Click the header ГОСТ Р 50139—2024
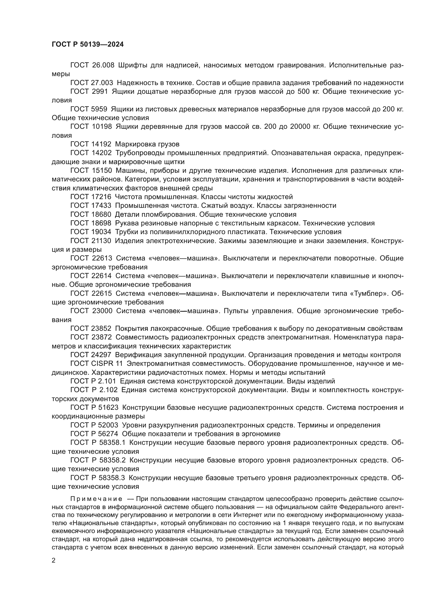[88, 45]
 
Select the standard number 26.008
[103, 65]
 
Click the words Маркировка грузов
[147, 144]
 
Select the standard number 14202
[102, 153]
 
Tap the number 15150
[102, 171]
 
